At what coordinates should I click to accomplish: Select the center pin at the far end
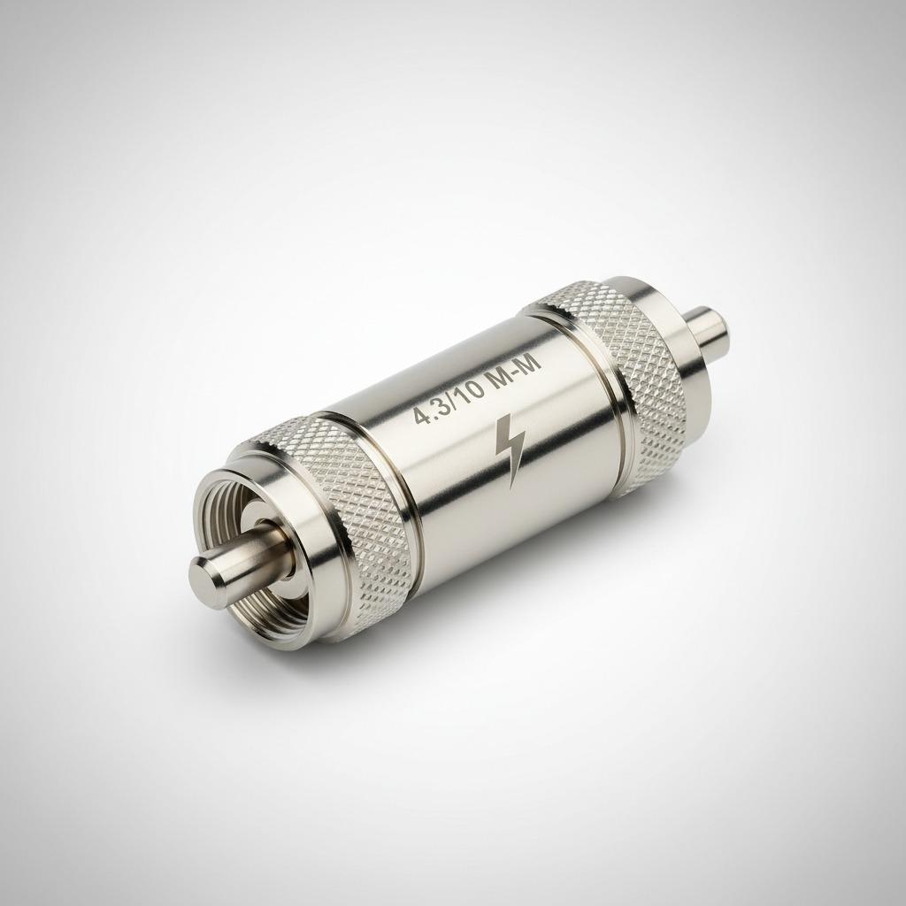click(713, 327)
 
